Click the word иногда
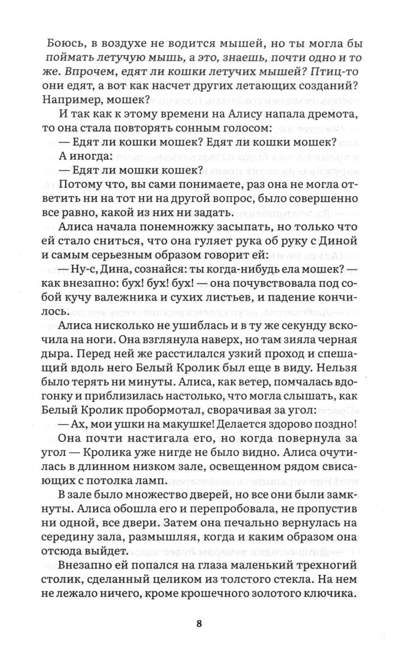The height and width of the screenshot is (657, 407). point(88,156)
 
